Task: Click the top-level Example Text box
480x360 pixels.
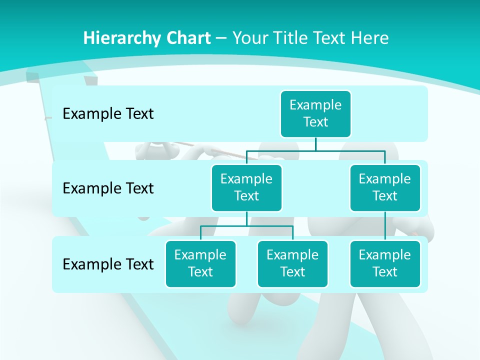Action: (315, 113)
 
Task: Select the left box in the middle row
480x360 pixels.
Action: (246, 187)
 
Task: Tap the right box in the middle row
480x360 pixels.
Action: (385, 187)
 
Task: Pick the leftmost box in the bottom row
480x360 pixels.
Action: (200, 263)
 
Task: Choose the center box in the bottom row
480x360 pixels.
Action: (292, 263)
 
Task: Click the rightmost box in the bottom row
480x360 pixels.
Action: (385, 263)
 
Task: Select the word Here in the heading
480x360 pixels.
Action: (369, 38)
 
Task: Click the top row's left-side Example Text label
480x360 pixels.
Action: (108, 113)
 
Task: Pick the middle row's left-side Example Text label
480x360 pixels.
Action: (108, 188)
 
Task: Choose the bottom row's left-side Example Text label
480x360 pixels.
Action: (108, 264)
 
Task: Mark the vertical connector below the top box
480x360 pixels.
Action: (315, 144)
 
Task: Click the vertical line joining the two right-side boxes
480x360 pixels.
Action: (385, 226)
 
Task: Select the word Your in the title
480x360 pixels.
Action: (250, 38)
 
